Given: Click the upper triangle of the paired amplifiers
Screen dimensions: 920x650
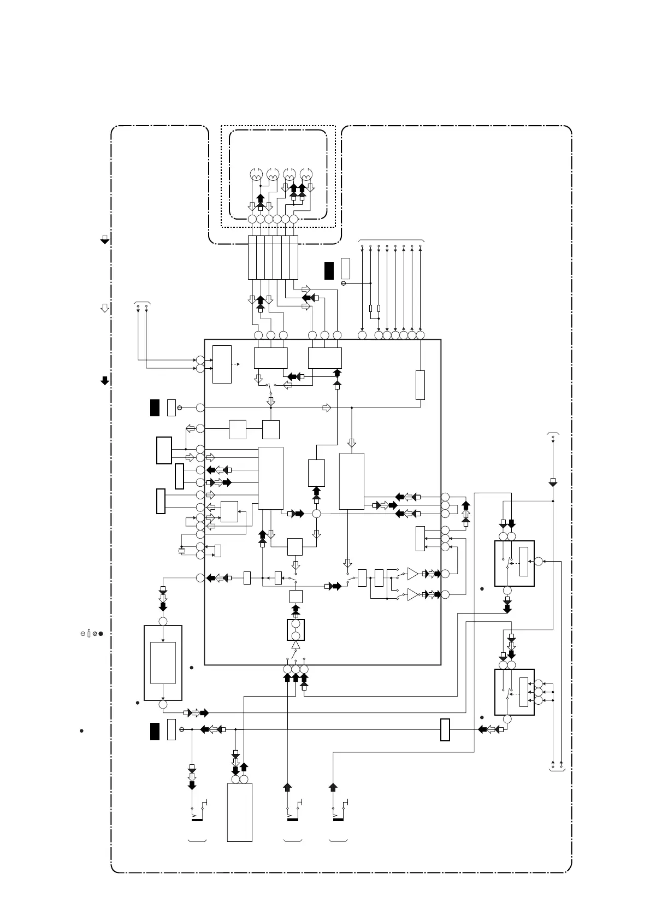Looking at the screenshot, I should tap(412, 574).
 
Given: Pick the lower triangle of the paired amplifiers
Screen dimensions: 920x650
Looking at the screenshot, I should tap(412, 594).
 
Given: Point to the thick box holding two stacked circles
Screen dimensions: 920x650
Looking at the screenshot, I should tap(296, 629).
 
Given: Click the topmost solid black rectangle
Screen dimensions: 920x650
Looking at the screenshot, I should tap(328, 270).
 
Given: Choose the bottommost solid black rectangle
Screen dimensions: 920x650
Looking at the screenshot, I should tap(155, 731).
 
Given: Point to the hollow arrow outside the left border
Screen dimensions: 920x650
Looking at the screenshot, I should tap(104, 308).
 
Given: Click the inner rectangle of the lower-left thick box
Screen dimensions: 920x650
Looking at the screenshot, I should tap(163, 663).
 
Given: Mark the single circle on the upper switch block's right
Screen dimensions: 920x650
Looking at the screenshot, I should tap(539, 561).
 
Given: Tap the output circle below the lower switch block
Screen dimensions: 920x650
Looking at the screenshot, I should tap(507, 719).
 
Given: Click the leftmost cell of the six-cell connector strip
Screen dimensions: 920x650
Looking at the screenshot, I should tap(252, 257).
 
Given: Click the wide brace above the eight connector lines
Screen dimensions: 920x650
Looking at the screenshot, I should tap(391, 240).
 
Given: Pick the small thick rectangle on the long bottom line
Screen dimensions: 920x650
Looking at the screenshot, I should tap(445, 730).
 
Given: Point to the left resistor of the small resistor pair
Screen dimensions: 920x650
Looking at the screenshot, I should tap(371, 309).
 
